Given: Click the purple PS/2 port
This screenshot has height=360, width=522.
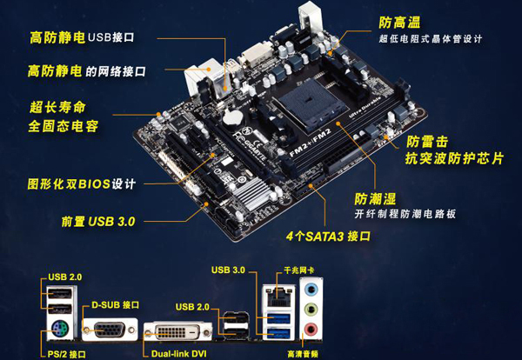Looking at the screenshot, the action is (60, 329).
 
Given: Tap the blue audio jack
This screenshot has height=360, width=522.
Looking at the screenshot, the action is (311, 290).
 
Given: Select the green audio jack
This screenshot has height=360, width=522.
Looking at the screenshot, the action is (311, 310).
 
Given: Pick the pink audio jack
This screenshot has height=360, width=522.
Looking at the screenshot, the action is (311, 330).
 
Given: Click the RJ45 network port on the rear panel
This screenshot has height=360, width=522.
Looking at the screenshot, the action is (279, 296).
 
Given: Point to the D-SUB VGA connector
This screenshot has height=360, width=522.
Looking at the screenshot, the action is (110, 330).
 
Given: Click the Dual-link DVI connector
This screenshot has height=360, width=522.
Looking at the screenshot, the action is (178, 331).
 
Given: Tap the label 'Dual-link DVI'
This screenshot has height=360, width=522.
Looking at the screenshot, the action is (178, 353).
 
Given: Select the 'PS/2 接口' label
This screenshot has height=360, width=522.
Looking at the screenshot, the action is (67, 354).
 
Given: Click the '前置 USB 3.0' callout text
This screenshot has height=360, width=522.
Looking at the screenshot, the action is (98, 222).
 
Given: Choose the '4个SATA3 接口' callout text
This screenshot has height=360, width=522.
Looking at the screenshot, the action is (328, 237).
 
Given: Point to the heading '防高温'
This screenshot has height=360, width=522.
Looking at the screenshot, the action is (399, 23).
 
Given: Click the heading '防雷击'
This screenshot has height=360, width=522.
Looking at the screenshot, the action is (427, 142).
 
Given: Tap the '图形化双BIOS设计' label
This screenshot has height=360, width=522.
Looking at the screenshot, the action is (82, 183).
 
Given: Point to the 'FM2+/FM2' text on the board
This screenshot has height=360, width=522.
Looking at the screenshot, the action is (311, 142).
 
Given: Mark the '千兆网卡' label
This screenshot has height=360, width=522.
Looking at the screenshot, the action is (298, 270).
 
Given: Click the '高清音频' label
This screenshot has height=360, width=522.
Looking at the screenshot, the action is (303, 354).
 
